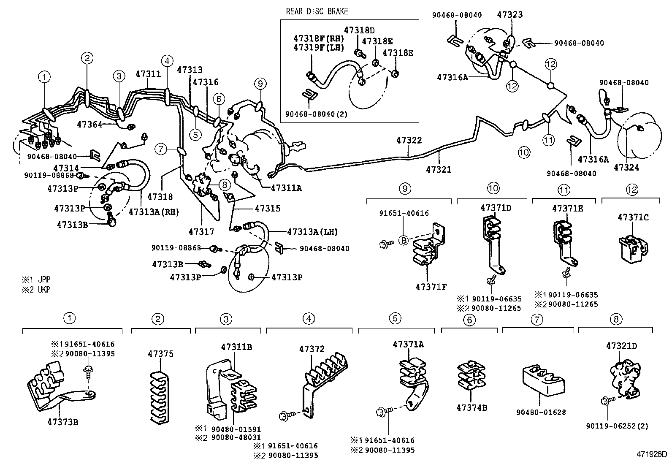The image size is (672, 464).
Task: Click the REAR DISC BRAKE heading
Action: [317, 11]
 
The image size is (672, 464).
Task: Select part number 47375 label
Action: [160, 354]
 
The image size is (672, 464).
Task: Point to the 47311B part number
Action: [236, 347]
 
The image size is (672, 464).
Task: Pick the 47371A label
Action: [408, 344]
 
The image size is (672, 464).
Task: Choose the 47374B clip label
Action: [471, 407]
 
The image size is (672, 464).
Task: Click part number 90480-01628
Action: [541, 412]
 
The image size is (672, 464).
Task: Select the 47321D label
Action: [621, 346]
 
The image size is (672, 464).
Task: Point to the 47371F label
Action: [431, 287]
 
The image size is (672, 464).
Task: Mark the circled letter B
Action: [404, 241]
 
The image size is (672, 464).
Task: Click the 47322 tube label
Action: [409, 140]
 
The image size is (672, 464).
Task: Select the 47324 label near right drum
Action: [626, 168]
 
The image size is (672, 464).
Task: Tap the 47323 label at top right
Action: [509, 14]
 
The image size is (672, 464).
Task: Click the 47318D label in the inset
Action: [359, 30]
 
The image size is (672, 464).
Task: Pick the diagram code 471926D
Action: [652, 454]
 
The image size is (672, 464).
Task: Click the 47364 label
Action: [89, 124]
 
